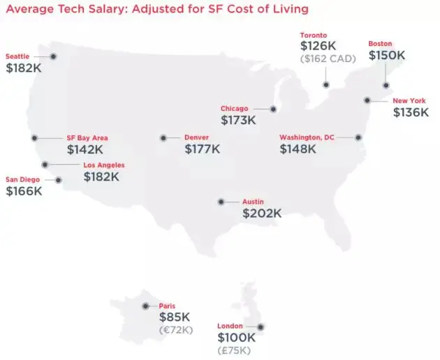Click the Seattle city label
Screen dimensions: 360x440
pyautogui.click(x=17, y=56)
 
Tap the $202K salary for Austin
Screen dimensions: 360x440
pyautogui.click(x=262, y=213)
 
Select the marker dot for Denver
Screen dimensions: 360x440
pyautogui.click(x=163, y=138)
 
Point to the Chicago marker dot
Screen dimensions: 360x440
pyautogui.click(x=273, y=109)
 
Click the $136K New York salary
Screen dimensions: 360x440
pyautogui.click(x=411, y=112)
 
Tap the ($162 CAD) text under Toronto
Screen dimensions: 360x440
pyautogui.click(x=328, y=59)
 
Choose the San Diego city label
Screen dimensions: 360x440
pyautogui.click(x=23, y=179)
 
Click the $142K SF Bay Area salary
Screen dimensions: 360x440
pyautogui.click(x=85, y=149)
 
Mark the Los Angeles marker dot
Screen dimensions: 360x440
pyautogui.click(x=45, y=165)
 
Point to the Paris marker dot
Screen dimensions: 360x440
pyautogui.click(x=145, y=306)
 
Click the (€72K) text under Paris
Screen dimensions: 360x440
pyautogui.click(x=176, y=329)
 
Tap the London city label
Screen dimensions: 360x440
pyautogui.click(x=230, y=326)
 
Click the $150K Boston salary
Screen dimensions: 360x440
pyautogui.click(x=386, y=55)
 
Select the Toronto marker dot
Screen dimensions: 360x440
pyautogui.click(x=325, y=84)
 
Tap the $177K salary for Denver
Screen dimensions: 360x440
pyautogui.click(x=203, y=149)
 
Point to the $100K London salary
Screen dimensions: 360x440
pyautogui.click(x=237, y=338)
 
